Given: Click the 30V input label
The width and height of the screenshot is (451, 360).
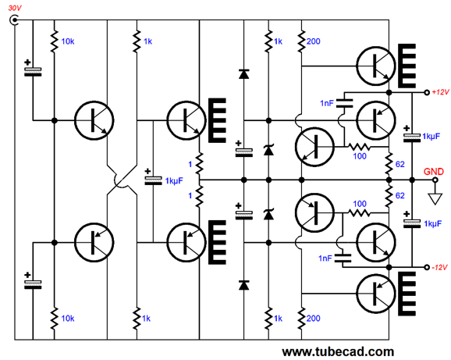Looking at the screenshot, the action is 15,8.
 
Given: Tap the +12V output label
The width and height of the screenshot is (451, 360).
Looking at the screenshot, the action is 440,92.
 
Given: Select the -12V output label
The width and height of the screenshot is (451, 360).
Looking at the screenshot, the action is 440,267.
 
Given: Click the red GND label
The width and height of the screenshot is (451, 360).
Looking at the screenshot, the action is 434,172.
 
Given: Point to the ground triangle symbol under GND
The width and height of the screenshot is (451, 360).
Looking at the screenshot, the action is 435,198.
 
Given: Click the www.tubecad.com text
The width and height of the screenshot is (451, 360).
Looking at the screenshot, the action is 338,351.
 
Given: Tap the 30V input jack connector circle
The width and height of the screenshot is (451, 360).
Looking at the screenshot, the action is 14,20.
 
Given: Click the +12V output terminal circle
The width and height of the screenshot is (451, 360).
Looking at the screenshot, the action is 427,92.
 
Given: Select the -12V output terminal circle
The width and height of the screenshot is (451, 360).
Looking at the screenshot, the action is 427,267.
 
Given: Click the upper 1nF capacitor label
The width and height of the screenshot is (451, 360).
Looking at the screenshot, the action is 327,103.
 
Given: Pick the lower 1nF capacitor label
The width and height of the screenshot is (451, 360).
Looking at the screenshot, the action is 325,258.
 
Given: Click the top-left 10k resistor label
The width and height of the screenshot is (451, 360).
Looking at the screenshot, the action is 68,41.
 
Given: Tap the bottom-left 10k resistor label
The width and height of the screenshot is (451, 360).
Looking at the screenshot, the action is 68,319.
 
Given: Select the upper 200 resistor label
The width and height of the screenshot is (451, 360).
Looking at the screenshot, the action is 313,41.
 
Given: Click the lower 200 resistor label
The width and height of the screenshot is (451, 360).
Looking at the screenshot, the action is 313,319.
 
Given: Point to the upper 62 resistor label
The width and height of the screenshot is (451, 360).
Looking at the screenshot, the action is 400,164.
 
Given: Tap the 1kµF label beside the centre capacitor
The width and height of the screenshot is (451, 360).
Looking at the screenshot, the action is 174,180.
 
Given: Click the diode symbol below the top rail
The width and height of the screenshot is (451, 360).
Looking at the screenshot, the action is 244,74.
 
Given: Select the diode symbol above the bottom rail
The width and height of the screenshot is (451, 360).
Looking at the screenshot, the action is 244,285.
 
